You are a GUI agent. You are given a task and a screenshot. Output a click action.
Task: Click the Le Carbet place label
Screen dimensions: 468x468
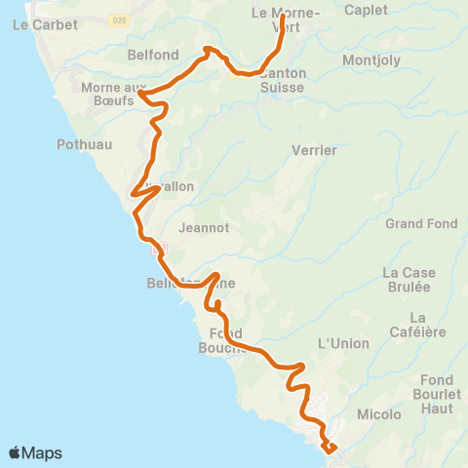tap(37, 26)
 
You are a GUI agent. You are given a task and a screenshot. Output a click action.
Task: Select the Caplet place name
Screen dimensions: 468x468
tap(366, 11)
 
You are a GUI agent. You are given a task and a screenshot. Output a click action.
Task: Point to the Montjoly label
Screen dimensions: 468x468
tap(369, 60)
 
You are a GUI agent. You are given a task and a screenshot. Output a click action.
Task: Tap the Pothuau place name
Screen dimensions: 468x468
tap(85, 144)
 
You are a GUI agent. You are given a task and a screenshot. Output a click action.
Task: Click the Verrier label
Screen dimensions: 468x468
tap(314, 151)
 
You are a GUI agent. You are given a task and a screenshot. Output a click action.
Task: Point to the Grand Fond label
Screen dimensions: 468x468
tap(421, 224)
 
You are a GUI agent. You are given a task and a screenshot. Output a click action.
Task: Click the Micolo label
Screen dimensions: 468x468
tap(379, 414)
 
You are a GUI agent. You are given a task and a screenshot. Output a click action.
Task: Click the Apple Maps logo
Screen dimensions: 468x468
tap(35, 452)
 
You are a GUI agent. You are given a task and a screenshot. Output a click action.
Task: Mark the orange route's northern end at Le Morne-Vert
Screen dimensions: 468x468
tap(283, 17)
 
